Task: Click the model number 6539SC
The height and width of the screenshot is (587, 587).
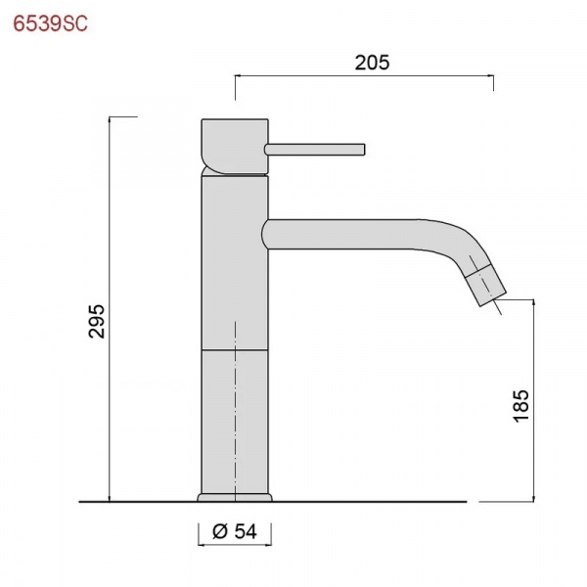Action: [50, 23]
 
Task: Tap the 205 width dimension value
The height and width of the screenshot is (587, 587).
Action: [372, 63]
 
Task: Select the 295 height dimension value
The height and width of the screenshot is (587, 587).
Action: [97, 321]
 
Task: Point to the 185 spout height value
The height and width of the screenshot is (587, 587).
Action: [520, 406]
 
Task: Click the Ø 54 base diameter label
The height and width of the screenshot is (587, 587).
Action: [235, 531]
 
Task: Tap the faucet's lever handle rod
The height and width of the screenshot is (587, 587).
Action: [314, 149]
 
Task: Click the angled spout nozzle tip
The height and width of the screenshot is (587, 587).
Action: [486, 285]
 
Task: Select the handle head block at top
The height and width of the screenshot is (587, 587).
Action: [235, 147]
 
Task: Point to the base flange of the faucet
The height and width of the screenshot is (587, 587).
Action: [235, 498]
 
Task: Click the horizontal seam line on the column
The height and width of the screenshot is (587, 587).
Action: [235, 350]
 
